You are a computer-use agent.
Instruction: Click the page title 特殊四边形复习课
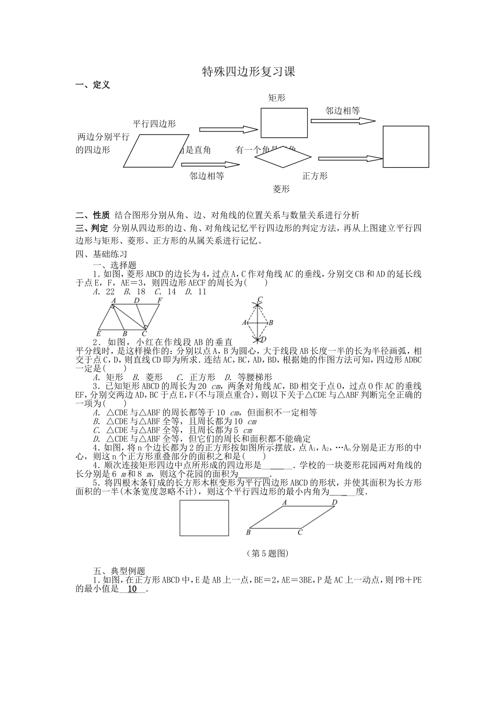(x=249, y=72)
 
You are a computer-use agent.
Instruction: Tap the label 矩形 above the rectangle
(x=277, y=98)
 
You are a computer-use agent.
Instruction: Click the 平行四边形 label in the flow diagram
(x=154, y=124)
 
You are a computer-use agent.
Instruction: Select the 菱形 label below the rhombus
(x=281, y=189)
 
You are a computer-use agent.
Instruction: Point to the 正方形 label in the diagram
(x=315, y=176)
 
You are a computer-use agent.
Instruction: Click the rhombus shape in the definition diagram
(x=283, y=157)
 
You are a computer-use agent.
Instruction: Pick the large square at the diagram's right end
(x=406, y=146)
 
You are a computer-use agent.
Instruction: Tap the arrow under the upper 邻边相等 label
(x=343, y=121)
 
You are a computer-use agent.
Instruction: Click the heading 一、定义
(x=93, y=85)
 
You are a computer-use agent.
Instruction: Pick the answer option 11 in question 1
(x=201, y=292)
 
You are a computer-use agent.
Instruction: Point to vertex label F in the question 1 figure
(x=160, y=301)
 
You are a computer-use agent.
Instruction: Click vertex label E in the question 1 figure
(x=99, y=333)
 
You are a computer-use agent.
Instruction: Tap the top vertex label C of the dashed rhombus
(x=259, y=299)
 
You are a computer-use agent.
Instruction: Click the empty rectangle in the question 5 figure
(x=205, y=518)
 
